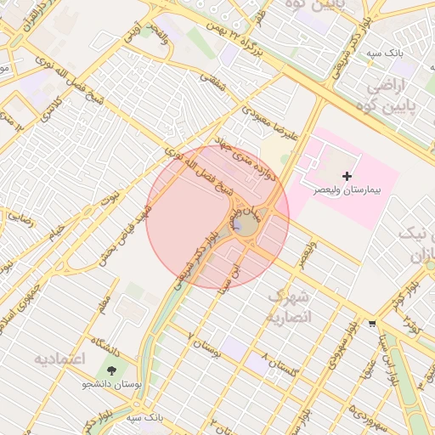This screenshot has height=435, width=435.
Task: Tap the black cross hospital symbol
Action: [347, 175]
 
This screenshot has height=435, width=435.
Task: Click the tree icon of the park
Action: [111, 370]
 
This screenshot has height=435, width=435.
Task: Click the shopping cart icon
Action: [371, 324]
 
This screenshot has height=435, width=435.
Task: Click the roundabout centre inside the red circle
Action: [246, 224]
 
